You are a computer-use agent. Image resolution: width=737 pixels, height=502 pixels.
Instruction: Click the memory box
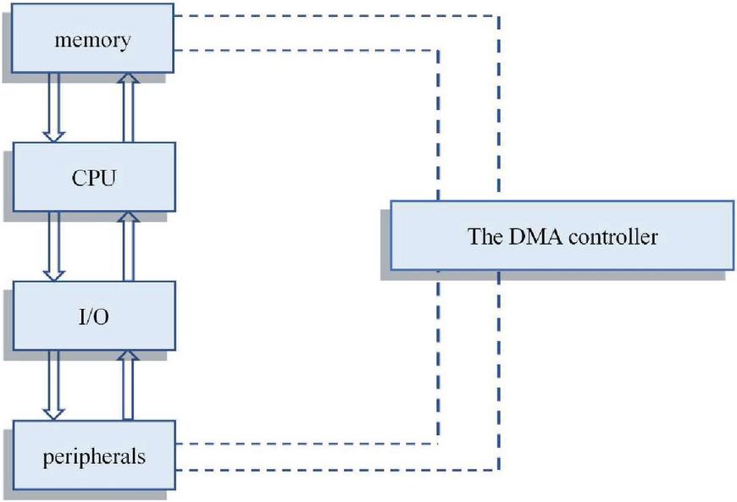click(x=93, y=41)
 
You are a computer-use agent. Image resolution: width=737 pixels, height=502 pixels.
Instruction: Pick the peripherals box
click(x=93, y=456)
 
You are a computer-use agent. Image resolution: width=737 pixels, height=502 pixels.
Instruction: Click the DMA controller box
click(x=562, y=235)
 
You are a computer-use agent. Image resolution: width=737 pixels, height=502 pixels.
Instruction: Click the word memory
click(x=93, y=41)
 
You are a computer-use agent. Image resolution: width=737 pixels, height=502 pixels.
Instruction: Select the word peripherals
click(x=93, y=457)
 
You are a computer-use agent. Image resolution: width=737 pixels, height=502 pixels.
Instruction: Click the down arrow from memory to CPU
click(x=54, y=107)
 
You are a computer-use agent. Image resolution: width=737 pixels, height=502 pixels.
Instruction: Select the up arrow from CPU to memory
click(x=128, y=107)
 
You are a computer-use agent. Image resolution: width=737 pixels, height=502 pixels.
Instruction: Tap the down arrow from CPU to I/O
click(x=54, y=245)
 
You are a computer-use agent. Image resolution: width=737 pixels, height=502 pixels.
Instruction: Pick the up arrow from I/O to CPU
click(x=128, y=245)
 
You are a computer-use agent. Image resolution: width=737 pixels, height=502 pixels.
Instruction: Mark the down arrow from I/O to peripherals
click(x=54, y=385)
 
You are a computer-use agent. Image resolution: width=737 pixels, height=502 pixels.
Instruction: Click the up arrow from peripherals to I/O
click(x=128, y=385)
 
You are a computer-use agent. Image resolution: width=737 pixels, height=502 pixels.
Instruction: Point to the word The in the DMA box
click(x=483, y=236)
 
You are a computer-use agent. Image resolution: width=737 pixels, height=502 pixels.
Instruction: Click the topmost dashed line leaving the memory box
click(x=339, y=15)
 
